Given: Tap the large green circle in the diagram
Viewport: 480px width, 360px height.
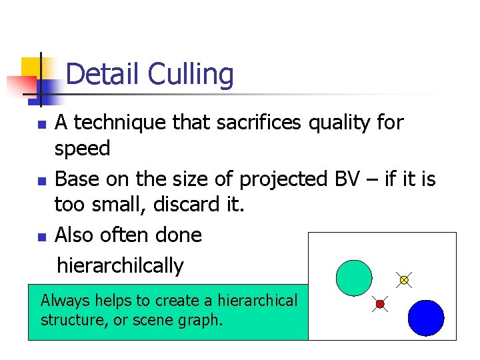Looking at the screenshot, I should pyautogui.click(x=353, y=277).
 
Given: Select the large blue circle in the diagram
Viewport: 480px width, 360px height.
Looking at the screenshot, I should pyautogui.click(x=425, y=317).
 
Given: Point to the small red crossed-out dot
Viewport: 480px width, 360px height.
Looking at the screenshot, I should pyautogui.click(x=380, y=304).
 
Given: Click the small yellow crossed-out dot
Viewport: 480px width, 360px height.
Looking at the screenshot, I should pyautogui.click(x=403, y=280).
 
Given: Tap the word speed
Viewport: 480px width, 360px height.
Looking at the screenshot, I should pyautogui.click(x=82, y=149).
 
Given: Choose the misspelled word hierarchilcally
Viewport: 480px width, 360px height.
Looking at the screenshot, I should pyautogui.click(x=120, y=265).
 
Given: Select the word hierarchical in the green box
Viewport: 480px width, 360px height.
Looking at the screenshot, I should pyautogui.click(x=257, y=301).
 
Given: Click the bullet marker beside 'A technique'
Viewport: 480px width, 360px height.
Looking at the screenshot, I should pyautogui.click(x=41, y=125).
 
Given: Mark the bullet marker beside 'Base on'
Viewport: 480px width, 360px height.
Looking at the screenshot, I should pyautogui.click(x=41, y=181).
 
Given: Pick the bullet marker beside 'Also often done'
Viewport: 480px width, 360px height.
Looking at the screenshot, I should pyautogui.click(x=41, y=237).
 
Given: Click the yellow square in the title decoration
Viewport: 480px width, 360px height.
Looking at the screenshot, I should pyautogui.click(x=32, y=67).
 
